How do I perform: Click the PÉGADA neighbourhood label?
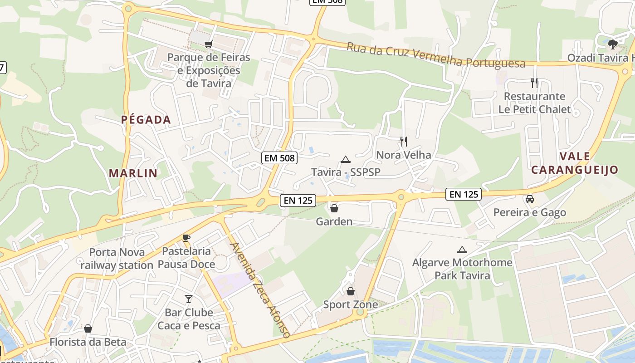click(146, 120)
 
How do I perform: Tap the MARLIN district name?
click(133, 173)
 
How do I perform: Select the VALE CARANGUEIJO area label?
click(575, 163)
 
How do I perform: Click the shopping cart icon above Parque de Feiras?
click(208, 44)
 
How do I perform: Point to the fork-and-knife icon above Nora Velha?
click(404, 142)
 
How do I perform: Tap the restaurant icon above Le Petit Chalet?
click(534, 83)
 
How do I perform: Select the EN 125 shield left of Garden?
click(298, 200)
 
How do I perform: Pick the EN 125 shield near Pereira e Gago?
click(463, 194)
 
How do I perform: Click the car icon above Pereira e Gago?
click(529, 199)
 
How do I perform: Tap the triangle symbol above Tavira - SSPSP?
click(346, 159)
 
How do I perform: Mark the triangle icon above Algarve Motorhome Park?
click(462, 250)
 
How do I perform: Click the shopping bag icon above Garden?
click(334, 208)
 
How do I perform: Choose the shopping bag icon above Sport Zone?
click(350, 291)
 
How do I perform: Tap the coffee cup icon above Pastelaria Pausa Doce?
click(186, 238)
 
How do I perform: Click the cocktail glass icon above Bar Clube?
click(189, 299)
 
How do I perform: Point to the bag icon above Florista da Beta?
click(88, 329)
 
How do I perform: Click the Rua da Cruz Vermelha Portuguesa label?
click(436, 55)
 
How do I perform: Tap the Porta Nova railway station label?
click(117, 259)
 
